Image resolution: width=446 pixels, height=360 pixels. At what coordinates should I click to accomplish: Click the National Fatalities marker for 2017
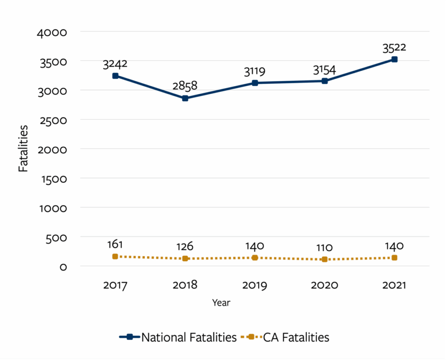coord(115,76)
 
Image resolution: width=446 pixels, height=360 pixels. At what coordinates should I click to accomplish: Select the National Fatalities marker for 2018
coord(185,98)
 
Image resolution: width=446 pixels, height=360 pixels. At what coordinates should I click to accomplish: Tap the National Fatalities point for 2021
coord(394,59)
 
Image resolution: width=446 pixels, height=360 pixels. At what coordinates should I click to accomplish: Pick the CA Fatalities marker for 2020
coord(324,259)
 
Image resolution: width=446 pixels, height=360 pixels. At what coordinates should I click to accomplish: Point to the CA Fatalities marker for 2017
coord(115,256)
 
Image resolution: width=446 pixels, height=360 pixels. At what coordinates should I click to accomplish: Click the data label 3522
coord(394,47)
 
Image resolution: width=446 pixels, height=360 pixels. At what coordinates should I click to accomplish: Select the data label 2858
coord(185,86)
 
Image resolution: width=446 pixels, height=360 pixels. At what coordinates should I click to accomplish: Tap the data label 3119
coord(255,71)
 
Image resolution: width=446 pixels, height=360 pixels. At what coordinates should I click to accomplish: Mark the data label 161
coord(115,245)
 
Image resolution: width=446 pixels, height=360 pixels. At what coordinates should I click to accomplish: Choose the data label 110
coord(324,248)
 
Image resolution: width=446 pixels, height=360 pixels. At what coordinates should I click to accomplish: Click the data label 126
coord(185,246)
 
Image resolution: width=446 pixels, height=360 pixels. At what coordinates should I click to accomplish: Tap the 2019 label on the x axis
coord(255,285)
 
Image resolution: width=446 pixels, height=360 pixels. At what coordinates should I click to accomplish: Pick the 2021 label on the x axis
coord(394,285)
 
